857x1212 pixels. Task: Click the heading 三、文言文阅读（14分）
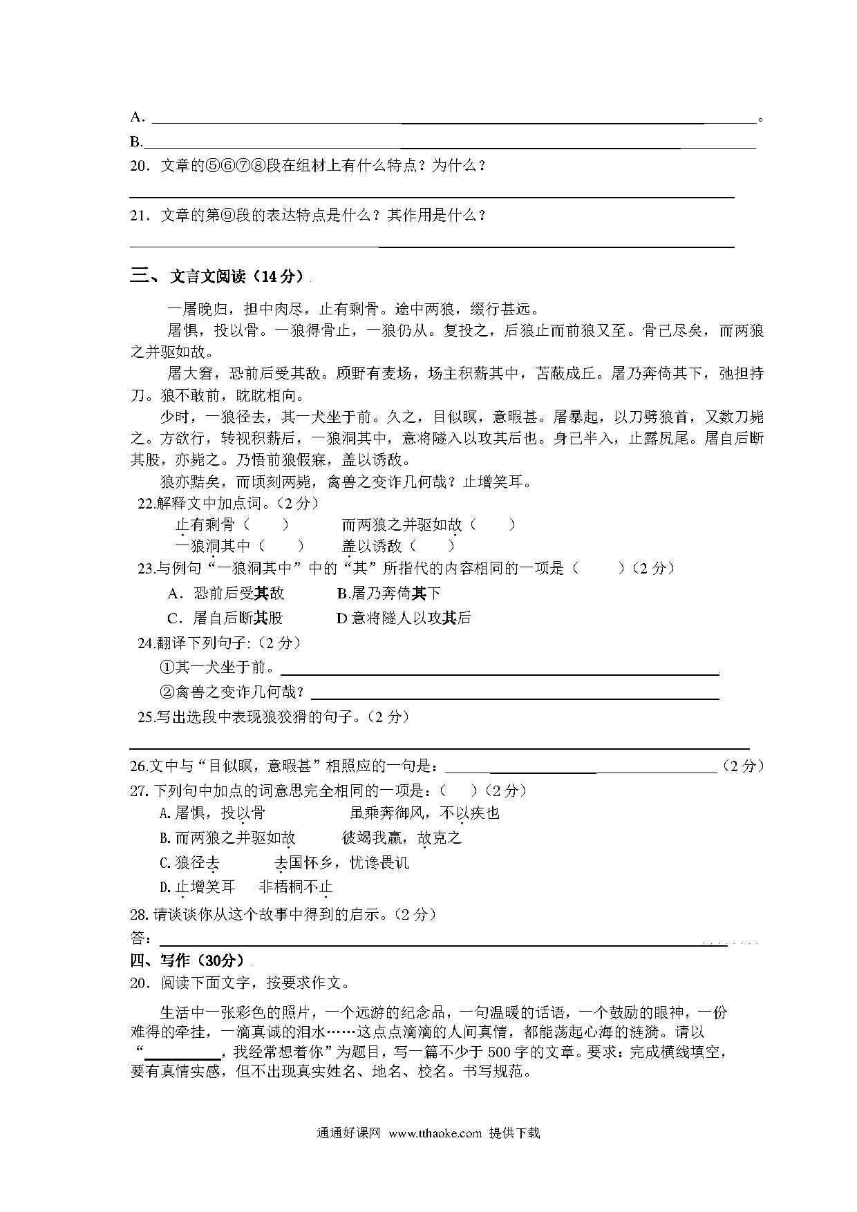217,276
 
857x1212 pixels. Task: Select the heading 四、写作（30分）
187,960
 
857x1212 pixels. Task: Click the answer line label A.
137,117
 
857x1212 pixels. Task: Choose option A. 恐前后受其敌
225,593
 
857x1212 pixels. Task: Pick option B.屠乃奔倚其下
388,593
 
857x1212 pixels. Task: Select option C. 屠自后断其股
225,617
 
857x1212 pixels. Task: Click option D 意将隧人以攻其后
404,617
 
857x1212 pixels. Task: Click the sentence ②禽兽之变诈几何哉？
232,692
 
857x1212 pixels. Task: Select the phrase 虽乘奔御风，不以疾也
425,813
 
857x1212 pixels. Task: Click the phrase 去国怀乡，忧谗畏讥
341,862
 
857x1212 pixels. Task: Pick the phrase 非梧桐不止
296,887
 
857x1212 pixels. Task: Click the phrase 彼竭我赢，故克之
402,838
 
